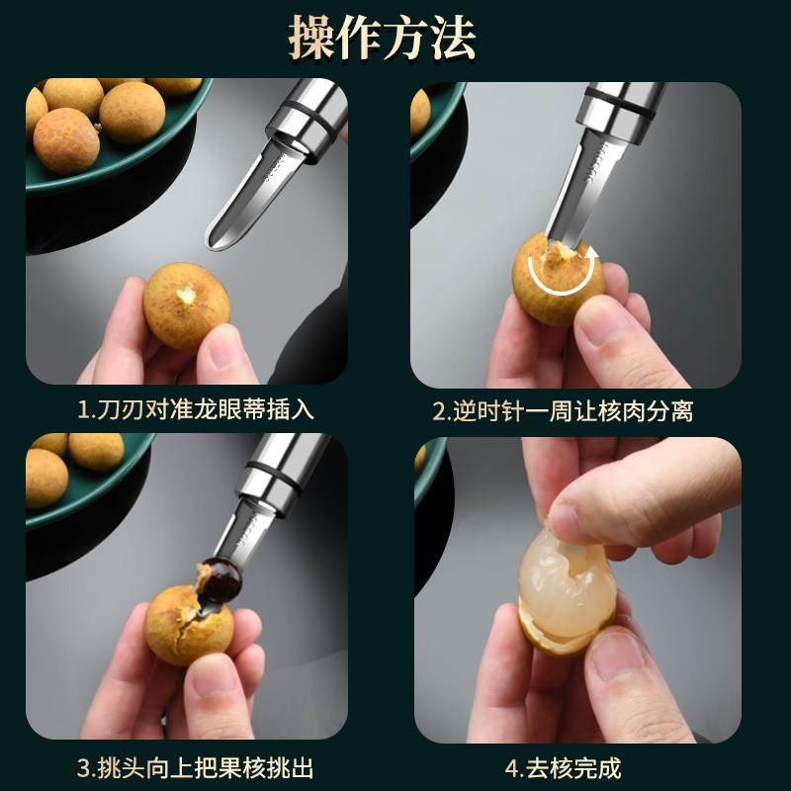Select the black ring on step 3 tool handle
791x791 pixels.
point(267,473)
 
